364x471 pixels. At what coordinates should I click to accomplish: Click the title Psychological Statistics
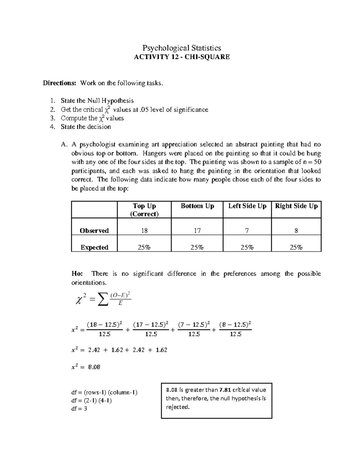[x=182, y=48]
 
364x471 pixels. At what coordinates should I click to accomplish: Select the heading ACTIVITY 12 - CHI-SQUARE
[x=182, y=57]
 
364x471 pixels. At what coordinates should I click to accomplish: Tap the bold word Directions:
[x=59, y=83]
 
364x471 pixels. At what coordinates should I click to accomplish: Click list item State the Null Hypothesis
[x=97, y=101]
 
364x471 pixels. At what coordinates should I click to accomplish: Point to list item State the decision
[x=86, y=127]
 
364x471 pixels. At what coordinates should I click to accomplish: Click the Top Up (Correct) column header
[x=144, y=210]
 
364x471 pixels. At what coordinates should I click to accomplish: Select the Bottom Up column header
[x=197, y=206]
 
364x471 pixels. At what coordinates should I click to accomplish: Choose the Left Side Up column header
[x=247, y=206]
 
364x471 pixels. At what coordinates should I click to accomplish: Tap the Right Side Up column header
[x=296, y=206]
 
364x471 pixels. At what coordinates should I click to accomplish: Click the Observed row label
[x=94, y=231]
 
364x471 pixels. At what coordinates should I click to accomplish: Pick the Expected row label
[x=94, y=247]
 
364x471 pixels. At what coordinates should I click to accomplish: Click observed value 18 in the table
[x=144, y=231]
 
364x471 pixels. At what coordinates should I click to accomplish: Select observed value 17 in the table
[x=197, y=231]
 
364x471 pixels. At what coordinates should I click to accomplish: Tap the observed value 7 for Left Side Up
[x=247, y=231]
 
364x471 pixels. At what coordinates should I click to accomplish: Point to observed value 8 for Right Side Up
[x=296, y=231]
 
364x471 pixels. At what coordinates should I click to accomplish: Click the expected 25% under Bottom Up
[x=197, y=247]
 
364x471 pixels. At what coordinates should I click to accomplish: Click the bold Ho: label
[x=77, y=274]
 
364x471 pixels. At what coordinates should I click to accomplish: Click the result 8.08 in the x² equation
[x=94, y=367]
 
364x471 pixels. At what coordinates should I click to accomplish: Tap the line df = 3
[x=79, y=409]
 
